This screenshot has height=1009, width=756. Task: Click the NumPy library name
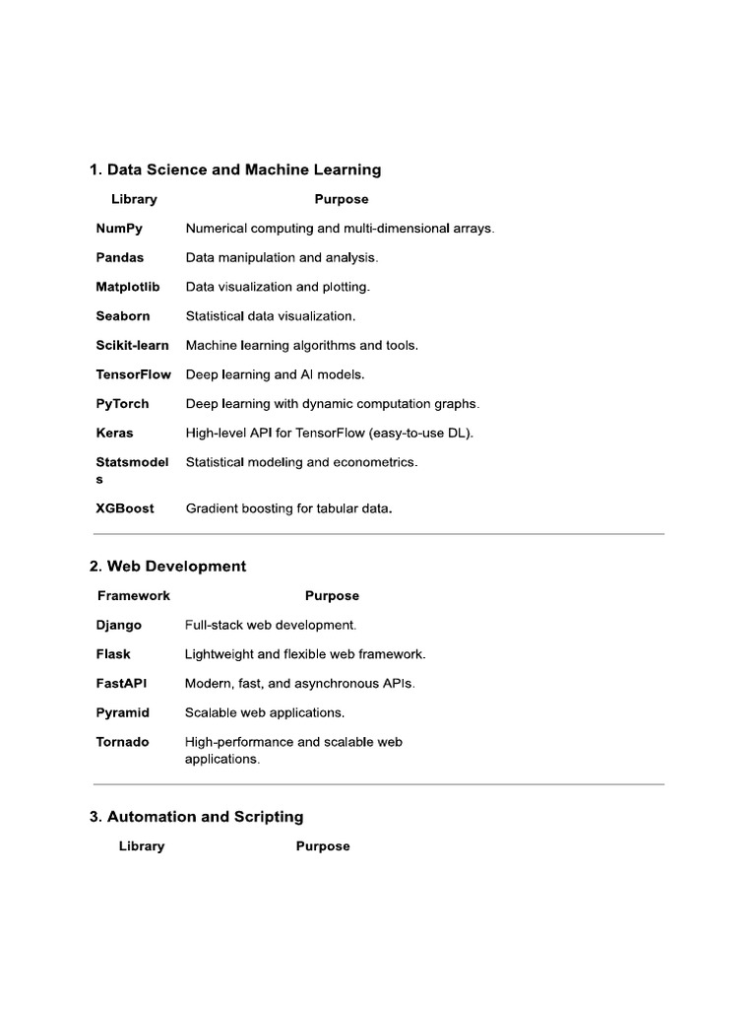(x=119, y=229)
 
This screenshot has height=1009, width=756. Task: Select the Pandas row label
(x=120, y=258)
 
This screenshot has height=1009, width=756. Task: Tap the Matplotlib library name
(x=128, y=287)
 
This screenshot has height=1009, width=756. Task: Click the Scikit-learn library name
(x=133, y=346)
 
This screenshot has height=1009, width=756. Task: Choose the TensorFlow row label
(x=134, y=374)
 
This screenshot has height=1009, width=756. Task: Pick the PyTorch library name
(x=123, y=404)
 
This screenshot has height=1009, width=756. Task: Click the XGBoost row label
(x=125, y=509)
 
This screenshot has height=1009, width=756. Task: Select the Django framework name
(x=119, y=626)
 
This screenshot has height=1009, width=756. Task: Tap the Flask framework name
(x=113, y=654)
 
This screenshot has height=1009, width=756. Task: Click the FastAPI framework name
(x=121, y=684)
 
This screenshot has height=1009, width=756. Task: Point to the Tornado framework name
(x=123, y=742)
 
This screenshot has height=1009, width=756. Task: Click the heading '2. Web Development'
(x=167, y=567)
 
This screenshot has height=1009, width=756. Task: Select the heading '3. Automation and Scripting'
(x=196, y=817)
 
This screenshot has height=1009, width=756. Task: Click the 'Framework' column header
(x=134, y=596)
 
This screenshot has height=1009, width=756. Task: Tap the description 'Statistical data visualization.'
(x=271, y=316)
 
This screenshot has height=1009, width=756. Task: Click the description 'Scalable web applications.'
(x=265, y=712)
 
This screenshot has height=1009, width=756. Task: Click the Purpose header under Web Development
(x=332, y=596)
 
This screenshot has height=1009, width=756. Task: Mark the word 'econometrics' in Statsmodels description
(x=379, y=462)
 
